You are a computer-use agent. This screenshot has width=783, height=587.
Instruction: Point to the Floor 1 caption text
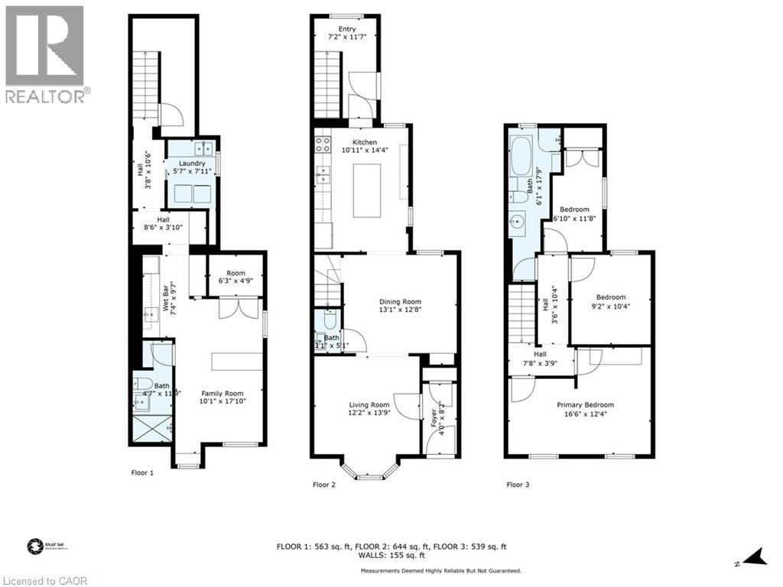(142, 472)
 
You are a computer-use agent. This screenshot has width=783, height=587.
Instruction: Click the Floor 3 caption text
(518, 484)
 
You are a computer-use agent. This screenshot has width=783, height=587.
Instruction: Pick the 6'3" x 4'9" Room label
(236, 277)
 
